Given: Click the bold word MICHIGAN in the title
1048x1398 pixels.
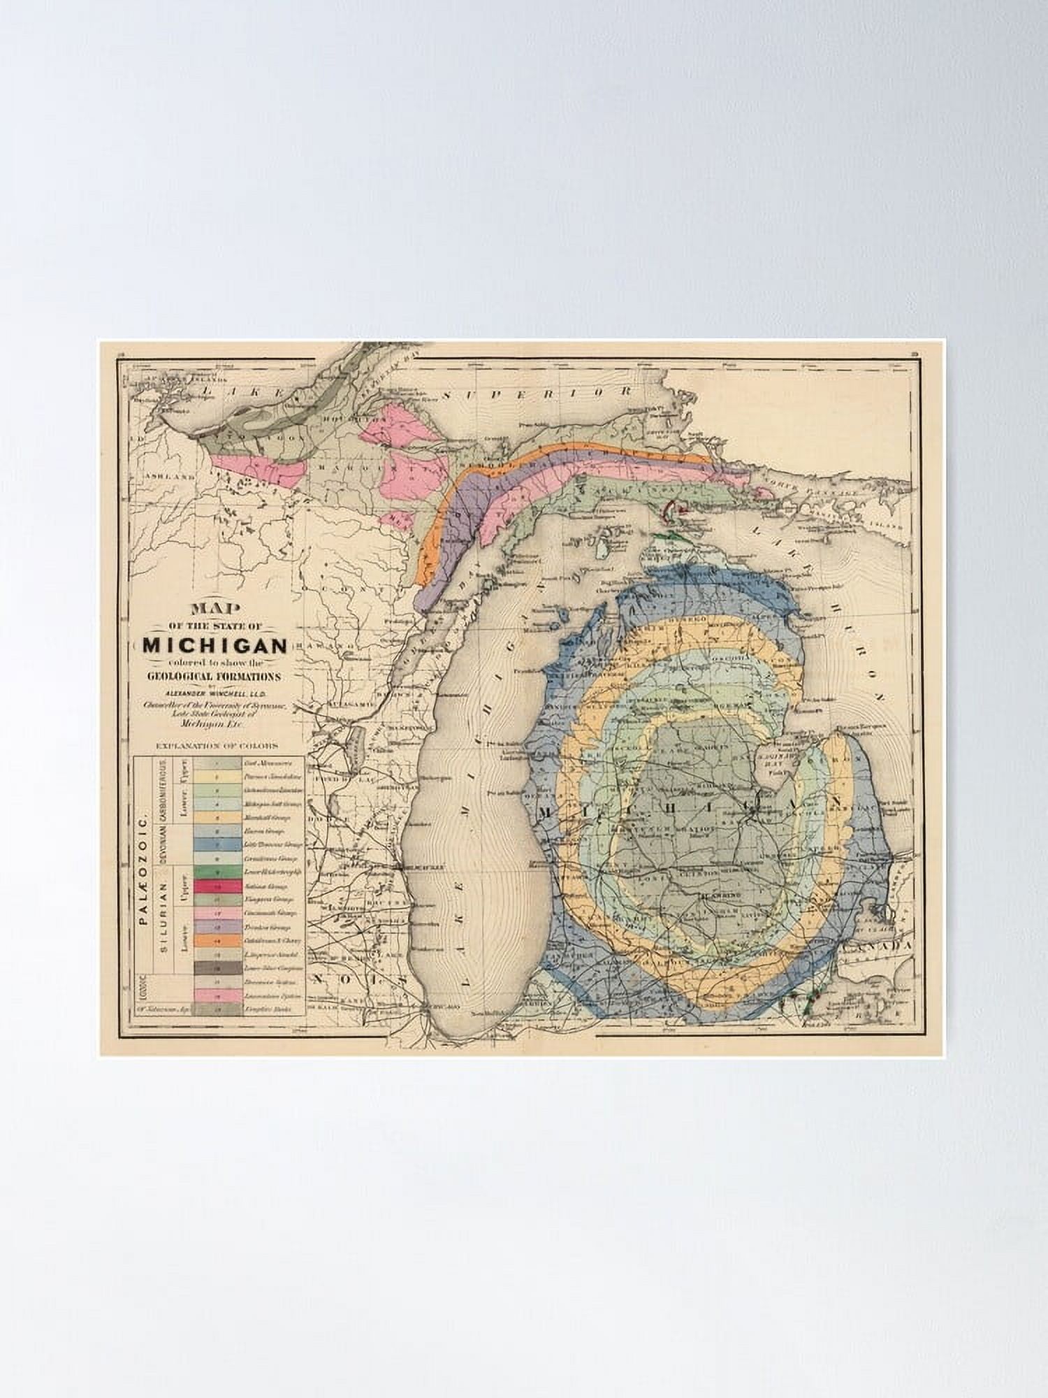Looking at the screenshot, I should click(x=215, y=644).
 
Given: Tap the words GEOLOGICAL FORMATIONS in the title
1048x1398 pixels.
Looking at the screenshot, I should click(x=214, y=676).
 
